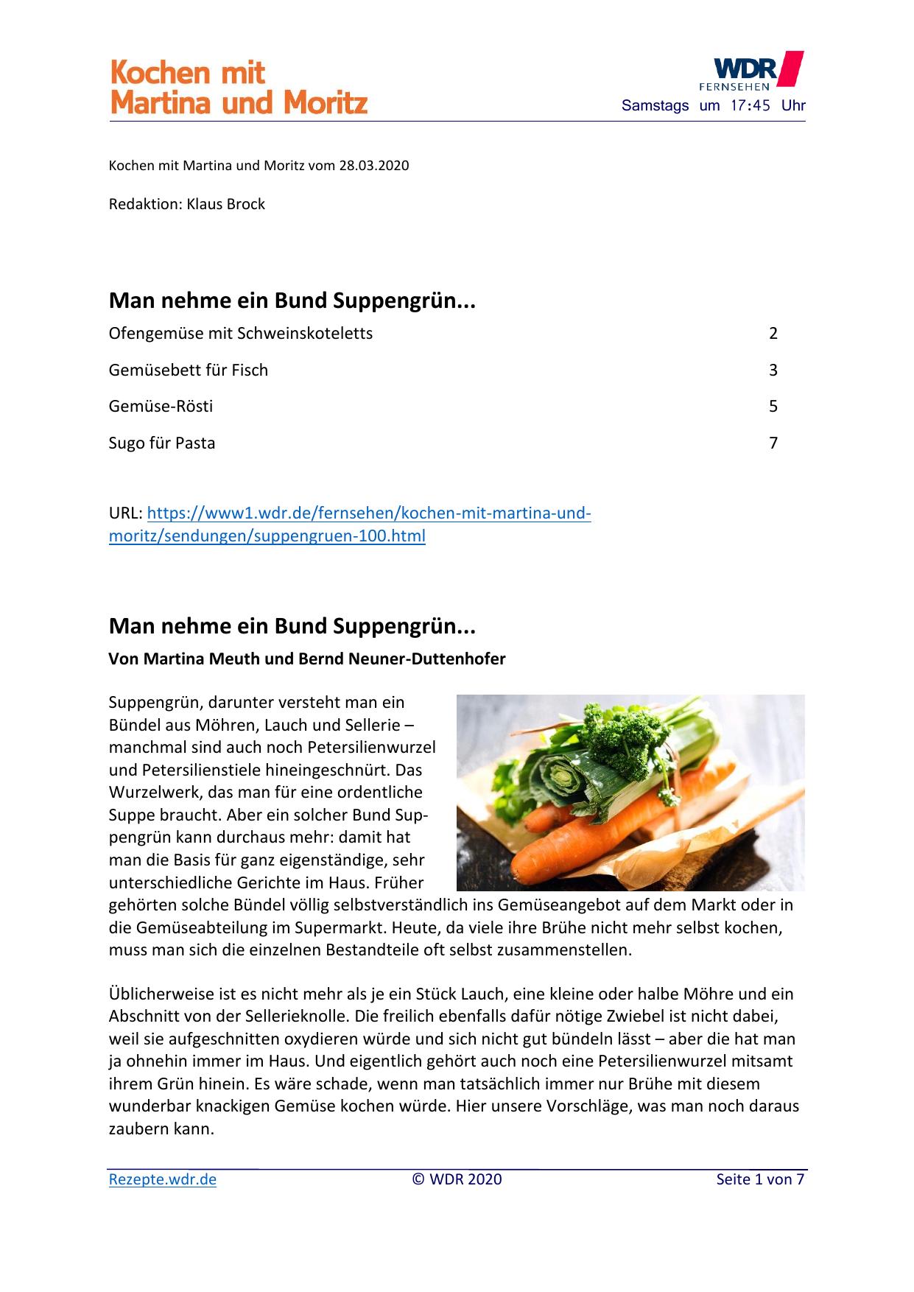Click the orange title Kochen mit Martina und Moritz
point(238,88)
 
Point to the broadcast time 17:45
point(750,105)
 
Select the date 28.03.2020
point(373,166)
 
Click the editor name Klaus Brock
point(225,204)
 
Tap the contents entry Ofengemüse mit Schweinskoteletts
point(241,334)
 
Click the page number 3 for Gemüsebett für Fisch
point(773,371)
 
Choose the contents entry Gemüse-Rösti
point(161,407)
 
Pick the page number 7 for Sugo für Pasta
point(773,443)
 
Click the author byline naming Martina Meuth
point(307,659)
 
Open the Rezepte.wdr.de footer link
point(163,1179)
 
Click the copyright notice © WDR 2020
point(457,1179)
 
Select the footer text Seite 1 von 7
point(760,1179)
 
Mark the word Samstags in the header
point(655,105)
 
